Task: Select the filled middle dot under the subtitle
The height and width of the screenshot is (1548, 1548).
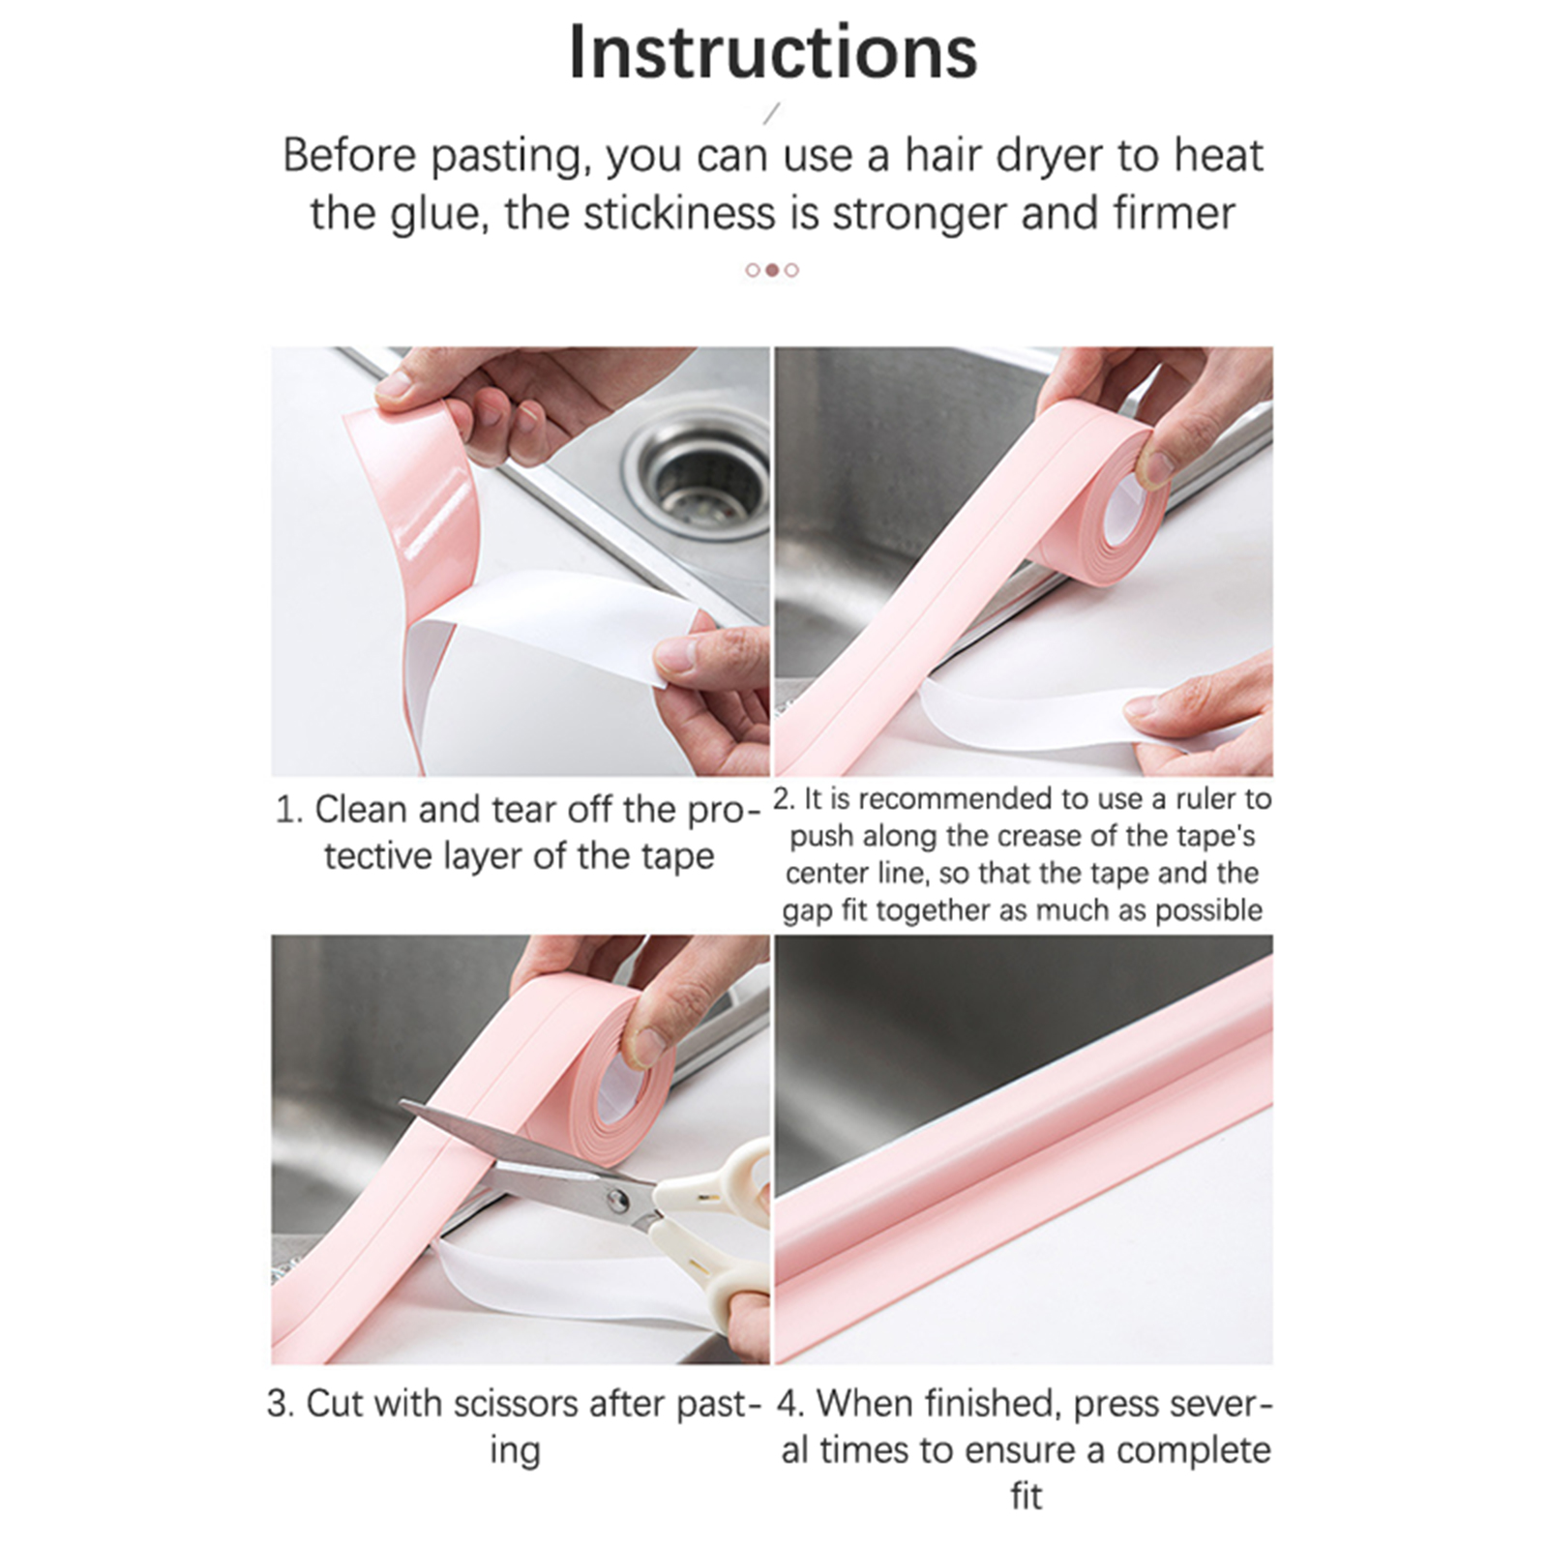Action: click(772, 270)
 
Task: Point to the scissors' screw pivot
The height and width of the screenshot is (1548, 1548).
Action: click(615, 1201)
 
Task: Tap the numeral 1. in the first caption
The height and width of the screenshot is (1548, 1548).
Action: click(289, 810)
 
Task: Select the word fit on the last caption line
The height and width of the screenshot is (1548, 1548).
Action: click(1027, 1497)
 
